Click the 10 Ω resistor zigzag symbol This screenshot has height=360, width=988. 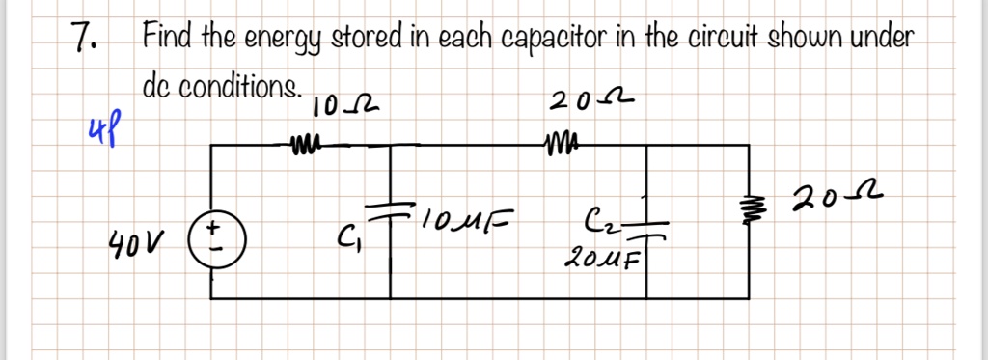pyautogui.click(x=301, y=146)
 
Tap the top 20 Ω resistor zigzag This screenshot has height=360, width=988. pyautogui.click(x=561, y=145)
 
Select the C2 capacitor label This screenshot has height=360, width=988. pyautogui.click(x=598, y=221)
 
